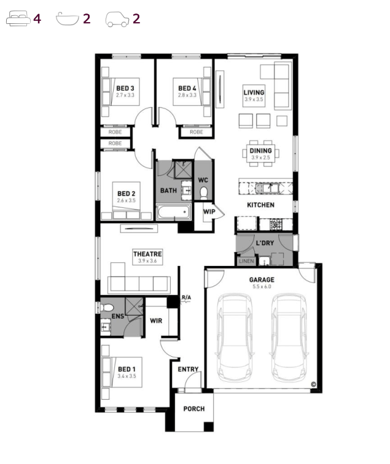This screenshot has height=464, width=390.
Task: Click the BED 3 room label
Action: pyautogui.click(x=125, y=88)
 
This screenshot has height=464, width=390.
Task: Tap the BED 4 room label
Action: pyautogui.click(x=187, y=88)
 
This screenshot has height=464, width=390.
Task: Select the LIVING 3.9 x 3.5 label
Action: pyautogui.click(x=254, y=96)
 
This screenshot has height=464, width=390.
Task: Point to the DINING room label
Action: pyautogui.click(x=260, y=151)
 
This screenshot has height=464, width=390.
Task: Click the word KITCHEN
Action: pyautogui.click(x=260, y=205)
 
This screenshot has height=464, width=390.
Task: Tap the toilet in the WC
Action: pyautogui.click(x=204, y=193)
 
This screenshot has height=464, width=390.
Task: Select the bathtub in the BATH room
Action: pyautogui.click(x=174, y=212)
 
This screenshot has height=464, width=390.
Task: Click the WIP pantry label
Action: pyautogui.click(x=209, y=211)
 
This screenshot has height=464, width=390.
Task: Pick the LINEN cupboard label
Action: pyautogui.click(x=246, y=261)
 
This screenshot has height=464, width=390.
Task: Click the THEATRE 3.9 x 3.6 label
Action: pyautogui.click(x=147, y=257)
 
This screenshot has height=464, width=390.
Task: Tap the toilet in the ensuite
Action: pyautogui.click(x=107, y=308)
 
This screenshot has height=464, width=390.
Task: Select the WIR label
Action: pyautogui.click(x=156, y=321)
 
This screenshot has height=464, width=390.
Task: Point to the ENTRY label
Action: pyautogui.click(x=188, y=369)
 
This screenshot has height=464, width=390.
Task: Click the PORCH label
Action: pyautogui.click(x=194, y=409)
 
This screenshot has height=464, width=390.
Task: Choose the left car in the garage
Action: pyautogui.click(x=235, y=338)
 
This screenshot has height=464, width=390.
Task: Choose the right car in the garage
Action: pyautogui.click(x=289, y=338)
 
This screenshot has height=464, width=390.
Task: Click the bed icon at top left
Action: pyautogui.click(x=18, y=18)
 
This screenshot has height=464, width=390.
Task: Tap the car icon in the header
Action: pyautogui.click(x=117, y=19)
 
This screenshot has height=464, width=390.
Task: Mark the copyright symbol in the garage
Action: pyautogui.click(x=313, y=384)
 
